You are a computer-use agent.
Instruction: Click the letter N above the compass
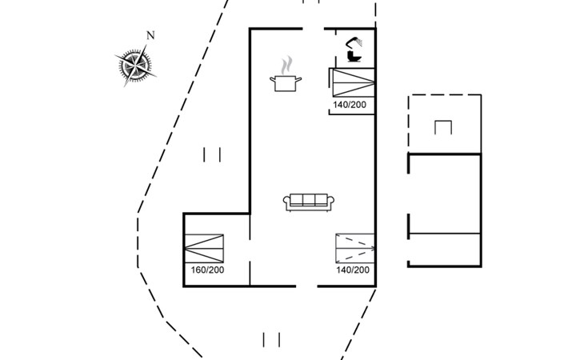coord(150,35)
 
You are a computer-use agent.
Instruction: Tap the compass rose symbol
coord(135,66)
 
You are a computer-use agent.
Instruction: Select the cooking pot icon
coord(286,83)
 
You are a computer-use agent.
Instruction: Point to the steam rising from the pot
coord(286,65)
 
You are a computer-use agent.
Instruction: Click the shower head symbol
coord(355,42)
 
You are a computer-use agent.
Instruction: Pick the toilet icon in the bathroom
coord(354,56)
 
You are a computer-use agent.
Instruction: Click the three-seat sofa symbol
coord(309,202)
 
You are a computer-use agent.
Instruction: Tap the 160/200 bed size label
coord(207,270)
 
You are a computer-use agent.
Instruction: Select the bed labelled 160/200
coord(204,248)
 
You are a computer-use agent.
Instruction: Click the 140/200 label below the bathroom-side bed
coord(350,105)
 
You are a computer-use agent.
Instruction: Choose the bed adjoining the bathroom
coord(354,82)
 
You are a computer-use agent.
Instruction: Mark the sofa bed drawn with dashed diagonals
coord(355,248)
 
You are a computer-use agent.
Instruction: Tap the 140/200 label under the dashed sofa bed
coord(353,270)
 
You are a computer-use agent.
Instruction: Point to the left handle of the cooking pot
coord(272,79)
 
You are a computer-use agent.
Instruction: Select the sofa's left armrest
coord(286,202)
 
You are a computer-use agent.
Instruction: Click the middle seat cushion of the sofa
coord(309,200)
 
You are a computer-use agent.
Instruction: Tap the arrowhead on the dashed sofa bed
coord(372,248)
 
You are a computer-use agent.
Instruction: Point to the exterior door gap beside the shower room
coord(313,28)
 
